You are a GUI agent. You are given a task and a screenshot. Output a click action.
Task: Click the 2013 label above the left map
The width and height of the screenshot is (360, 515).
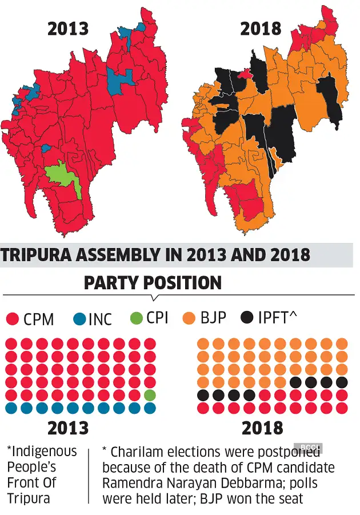click(x=67, y=29)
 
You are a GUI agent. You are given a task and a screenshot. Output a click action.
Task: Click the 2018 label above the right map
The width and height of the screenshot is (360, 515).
click(x=261, y=29)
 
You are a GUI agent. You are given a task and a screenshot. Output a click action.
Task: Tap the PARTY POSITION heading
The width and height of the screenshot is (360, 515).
click(x=153, y=282)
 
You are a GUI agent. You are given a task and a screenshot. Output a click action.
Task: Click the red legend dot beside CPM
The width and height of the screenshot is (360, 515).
click(x=12, y=319)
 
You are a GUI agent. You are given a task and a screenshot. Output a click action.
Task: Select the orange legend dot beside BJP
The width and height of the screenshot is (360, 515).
click(x=190, y=318)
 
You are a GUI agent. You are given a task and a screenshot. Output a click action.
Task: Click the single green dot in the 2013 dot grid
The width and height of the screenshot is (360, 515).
click(x=150, y=395)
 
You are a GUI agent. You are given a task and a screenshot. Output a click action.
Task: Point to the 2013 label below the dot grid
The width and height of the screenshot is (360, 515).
click(x=67, y=428)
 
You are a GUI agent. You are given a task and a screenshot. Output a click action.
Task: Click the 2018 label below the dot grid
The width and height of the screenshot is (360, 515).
click(x=262, y=428)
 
